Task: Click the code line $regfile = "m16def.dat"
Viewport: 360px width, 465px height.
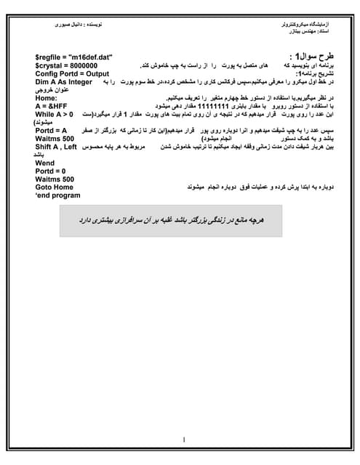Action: [x=73, y=57]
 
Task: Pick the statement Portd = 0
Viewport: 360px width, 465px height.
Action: [x=51, y=171]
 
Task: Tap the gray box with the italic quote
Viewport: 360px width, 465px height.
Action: [x=180, y=219]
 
